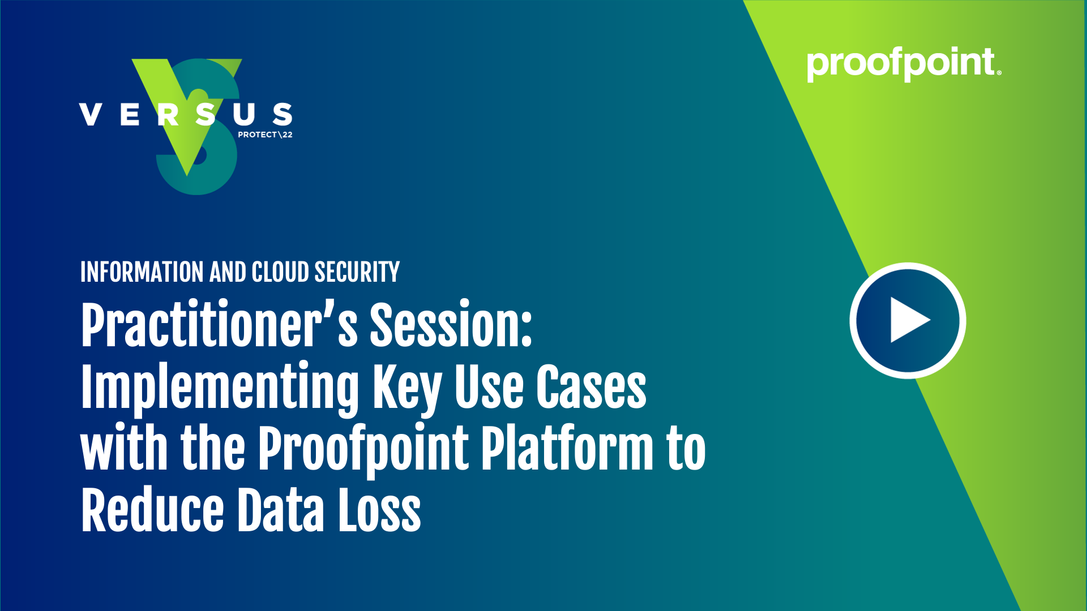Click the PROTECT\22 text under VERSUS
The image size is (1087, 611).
[x=265, y=135]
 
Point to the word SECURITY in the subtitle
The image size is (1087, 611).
[x=357, y=272]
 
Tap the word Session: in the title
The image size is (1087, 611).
[x=451, y=325]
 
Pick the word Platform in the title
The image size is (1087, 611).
[x=567, y=449]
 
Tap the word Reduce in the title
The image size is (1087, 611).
[x=152, y=511]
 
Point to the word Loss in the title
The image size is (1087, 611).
[x=379, y=511]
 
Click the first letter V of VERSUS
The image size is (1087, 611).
[x=91, y=114]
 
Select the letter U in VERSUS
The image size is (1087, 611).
[x=244, y=114]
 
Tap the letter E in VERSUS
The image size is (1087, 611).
[x=130, y=114]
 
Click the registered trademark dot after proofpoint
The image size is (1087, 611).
[x=999, y=72]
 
